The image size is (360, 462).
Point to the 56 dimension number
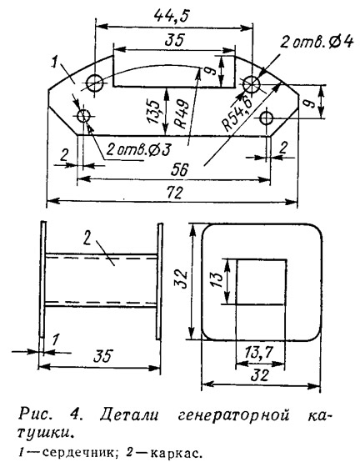178,170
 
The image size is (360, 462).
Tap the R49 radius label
182,114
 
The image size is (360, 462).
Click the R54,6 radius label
237,113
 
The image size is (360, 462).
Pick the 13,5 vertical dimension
153,111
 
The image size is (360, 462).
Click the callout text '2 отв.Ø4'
316,43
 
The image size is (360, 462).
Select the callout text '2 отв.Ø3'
138,149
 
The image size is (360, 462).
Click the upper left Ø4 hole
94,83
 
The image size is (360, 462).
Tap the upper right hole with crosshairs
252,84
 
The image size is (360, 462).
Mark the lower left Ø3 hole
84,116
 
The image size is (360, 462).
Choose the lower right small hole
267,118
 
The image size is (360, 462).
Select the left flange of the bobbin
42,279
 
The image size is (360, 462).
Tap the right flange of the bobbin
160,281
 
